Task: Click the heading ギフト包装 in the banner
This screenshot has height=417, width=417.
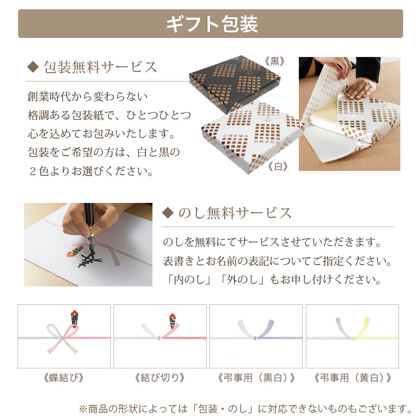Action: pyautogui.click(x=211, y=24)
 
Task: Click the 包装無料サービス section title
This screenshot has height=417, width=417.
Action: pyautogui.click(x=100, y=68)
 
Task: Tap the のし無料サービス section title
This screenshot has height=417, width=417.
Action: pyautogui.click(x=234, y=213)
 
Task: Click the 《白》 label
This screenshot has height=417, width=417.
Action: pyautogui.click(x=278, y=166)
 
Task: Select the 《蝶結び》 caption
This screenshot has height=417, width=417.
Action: pyautogui.click(x=63, y=378)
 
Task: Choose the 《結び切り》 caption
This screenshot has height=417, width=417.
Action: pyautogui.click(x=159, y=378)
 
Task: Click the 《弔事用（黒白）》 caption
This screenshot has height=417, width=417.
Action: pyautogui.click(x=256, y=378)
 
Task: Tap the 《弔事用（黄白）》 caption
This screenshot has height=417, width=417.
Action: pyautogui.click(x=352, y=378)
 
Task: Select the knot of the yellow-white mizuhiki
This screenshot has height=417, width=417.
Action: pyautogui.click(x=352, y=338)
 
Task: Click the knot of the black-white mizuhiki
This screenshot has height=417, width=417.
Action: pyautogui.click(x=256, y=338)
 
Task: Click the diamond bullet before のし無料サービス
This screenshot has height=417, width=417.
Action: pyautogui.click(x=167, y=213)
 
